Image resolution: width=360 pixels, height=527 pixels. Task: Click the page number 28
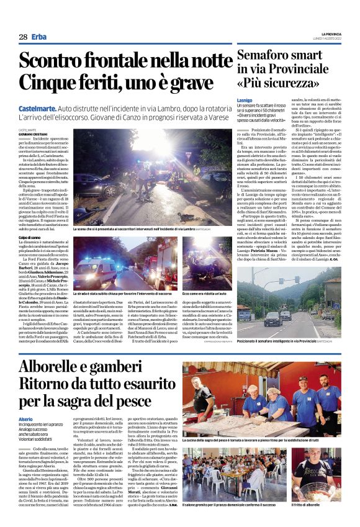[x=23, y=37]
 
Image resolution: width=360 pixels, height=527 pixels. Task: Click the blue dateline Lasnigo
[x=244, y=99]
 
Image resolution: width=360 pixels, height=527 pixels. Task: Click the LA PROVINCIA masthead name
[x=330, y=34]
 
